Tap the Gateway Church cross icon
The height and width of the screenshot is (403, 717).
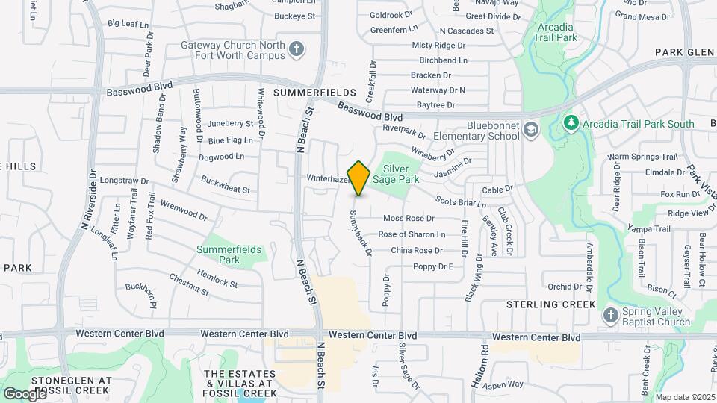coord(297,49)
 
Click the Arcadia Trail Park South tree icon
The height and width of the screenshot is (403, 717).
coord(571,122)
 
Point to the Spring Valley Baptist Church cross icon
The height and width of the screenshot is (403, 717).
coord(610,314)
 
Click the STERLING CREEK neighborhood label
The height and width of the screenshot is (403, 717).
coord(551,304)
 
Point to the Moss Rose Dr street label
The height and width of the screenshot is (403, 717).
coord(409,218)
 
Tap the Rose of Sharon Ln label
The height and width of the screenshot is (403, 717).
coord(412,234)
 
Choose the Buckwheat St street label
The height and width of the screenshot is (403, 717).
coord(225,185)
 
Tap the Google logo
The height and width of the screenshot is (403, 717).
coord(25,393)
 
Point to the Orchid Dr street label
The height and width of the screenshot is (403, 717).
coord(564,287)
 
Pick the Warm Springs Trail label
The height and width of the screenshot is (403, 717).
coord(642,157)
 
